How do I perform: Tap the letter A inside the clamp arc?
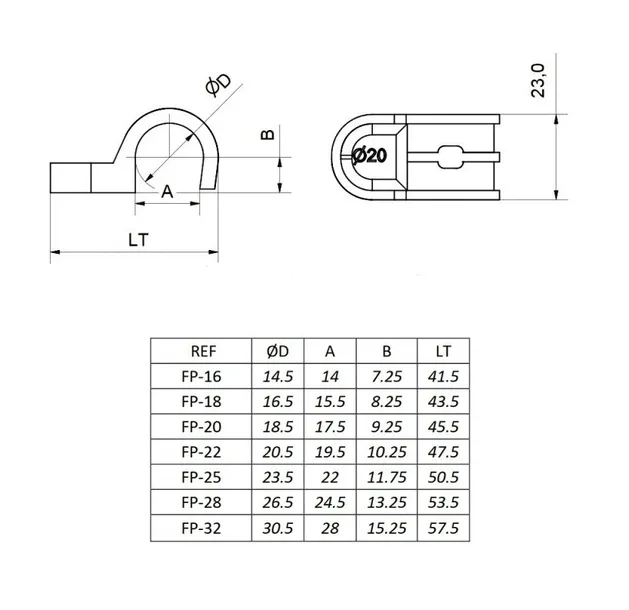167,189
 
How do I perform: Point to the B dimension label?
266,136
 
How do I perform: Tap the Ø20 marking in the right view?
371,155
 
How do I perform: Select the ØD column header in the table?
277,351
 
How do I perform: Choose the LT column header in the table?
443,351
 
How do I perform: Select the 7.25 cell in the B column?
387,377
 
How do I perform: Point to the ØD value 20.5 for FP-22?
277,453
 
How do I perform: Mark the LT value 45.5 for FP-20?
443,428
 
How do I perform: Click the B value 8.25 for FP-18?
387,402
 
